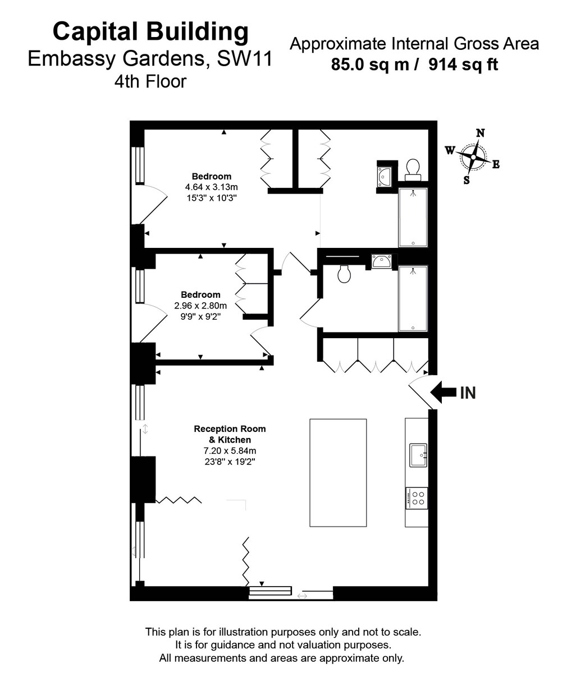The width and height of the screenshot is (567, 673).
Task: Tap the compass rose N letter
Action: [x=481, y=133]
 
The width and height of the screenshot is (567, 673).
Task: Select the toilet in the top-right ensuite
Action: [x=413, y=169]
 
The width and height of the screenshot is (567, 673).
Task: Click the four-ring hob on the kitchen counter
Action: [x=417, y=498]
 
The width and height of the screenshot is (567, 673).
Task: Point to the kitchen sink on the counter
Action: [x=418, y=455]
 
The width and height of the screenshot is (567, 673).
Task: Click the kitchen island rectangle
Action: [x=338, y=472]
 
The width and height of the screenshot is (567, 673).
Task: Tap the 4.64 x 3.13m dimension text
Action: [x=212, y=187]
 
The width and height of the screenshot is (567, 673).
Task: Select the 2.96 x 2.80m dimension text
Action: [x=200, y=306]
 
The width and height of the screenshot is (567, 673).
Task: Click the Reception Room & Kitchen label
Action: [x=230, y=434]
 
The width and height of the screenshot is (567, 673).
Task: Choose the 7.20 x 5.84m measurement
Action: [x=230, y=450]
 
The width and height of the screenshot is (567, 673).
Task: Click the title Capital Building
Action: [x=150, y=32]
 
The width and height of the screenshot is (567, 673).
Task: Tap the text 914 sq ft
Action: [x=464, y=65]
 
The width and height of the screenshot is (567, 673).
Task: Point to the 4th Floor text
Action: [x=150, y=82]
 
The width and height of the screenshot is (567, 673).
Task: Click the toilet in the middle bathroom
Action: [x=344, y=274]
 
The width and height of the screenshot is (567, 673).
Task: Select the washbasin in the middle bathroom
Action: [x=382, y=261]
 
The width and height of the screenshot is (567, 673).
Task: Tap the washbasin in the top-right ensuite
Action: [x=385, y=176]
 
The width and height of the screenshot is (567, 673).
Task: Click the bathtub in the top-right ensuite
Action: [x=413, y=217]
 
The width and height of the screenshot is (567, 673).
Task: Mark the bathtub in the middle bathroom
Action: [x=413, y=299]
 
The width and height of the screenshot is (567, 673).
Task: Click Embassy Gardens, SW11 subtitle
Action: [x=150, y=58]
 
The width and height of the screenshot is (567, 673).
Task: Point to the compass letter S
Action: [x=467, y=180]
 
